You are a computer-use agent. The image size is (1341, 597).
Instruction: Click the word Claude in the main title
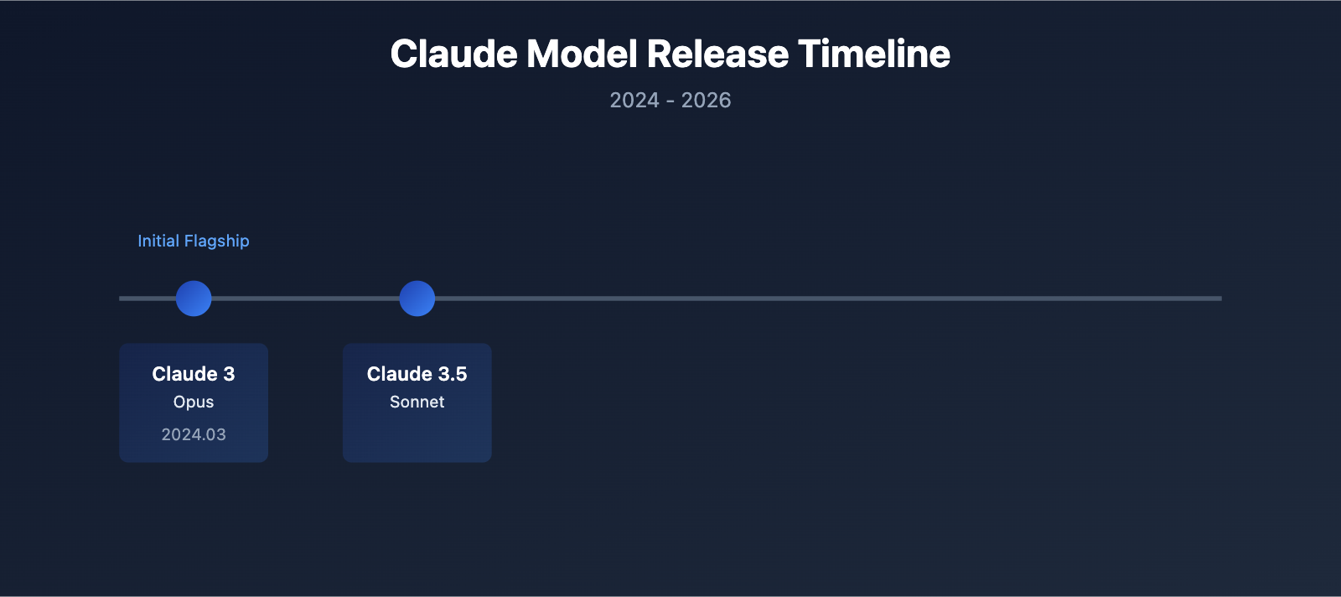(453, 55)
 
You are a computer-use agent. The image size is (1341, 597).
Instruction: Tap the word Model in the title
(582, 55)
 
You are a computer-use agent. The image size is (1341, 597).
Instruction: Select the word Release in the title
(717, 55)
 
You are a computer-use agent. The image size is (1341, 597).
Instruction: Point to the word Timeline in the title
(874, 55)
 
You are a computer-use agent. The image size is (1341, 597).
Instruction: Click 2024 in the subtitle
(634, 101)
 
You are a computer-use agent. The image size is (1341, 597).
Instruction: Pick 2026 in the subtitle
(706, 101)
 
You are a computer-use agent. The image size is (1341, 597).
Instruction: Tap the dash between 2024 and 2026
(670, 101)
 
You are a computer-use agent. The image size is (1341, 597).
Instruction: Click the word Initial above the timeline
(158, 241)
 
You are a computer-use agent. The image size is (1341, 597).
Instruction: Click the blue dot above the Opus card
(194, 298)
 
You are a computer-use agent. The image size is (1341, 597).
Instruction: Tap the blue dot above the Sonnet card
(417, 298)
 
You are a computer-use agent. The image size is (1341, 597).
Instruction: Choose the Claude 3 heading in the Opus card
(194, 374)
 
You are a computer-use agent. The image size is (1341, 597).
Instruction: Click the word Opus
(194, 402)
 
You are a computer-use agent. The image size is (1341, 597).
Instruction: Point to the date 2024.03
(194, 434)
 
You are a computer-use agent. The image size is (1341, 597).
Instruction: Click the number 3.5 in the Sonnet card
(453, 374)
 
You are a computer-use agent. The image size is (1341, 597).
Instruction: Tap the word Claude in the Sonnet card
(399, 374)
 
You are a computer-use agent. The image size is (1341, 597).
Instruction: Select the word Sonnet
(417, 402)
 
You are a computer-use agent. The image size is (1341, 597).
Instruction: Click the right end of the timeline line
(1219, 298)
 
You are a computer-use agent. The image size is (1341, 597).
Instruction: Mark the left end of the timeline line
(122, 298)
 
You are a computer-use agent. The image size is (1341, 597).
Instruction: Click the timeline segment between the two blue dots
(305, 298)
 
